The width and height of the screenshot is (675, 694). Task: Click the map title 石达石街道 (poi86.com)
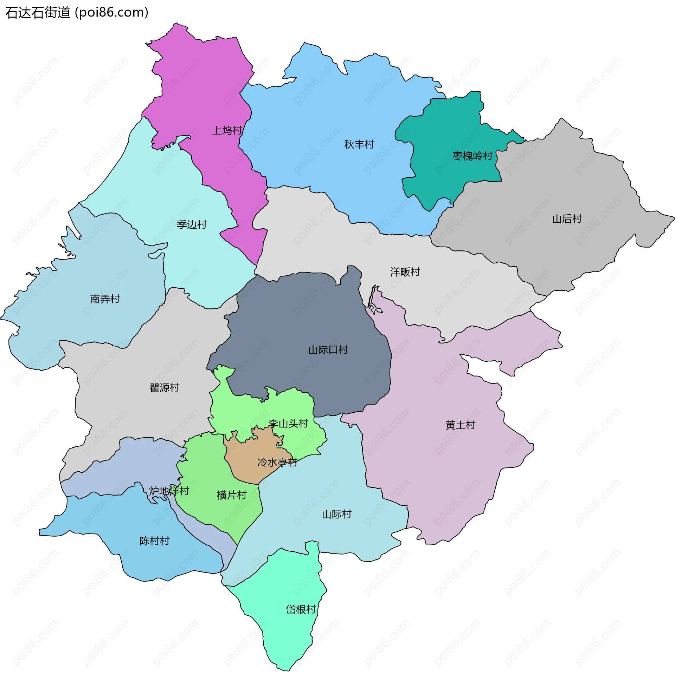pyautogui.click(x=77, y=13)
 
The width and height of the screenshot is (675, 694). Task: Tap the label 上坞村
pyautogui.click(x=227, y=131)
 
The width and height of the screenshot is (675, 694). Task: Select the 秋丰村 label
pyautogui.click(x=359, y=144)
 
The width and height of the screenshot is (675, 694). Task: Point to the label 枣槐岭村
pyautogui.click(x=472, y=156)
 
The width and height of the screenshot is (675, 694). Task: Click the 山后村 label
pyautogui.click(x=567, y=219)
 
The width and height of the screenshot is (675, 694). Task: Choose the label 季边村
pyautogui.click(x=192, y=224)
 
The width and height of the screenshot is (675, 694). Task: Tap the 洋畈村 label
pyautogui.click(x=405, y=272)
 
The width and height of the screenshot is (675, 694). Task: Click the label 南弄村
pyautogui.click(x=105, y=299)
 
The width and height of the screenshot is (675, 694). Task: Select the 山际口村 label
pyautogui.click(x=328, y=350)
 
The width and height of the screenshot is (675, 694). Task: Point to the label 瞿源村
pyautogui.click(x=164, y=387)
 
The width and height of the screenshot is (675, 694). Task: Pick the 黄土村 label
pyautogui.click(x=460, y=425)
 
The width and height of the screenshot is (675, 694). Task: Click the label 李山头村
pyautogui.click(x=288, y=424)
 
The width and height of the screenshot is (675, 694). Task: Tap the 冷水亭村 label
pyautogui.click(x=277, y=462)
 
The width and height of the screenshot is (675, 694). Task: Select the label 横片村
pyautogui.click(x=231, y=495)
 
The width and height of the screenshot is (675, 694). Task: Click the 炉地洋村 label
pyautogui.click(x=169, y=491)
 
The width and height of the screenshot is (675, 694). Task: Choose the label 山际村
pyautogui.click(x=336, y=514)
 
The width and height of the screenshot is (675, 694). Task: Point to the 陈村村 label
pyautogui.click(x=155, y=541)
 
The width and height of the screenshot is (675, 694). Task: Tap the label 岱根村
pyautogui.click(x=301, y=609)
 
